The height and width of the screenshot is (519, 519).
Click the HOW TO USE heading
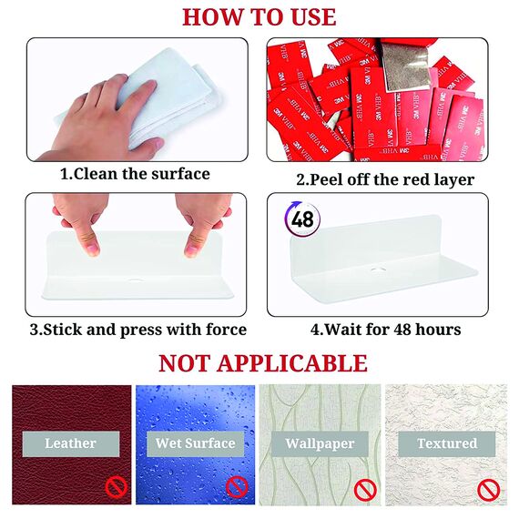[259, 17]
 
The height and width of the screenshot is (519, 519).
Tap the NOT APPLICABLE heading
[263, 363]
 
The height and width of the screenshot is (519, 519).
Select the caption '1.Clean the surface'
[135, 174]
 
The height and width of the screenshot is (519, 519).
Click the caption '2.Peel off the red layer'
[385, 180]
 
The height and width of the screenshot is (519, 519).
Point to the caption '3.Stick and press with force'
[138, 330]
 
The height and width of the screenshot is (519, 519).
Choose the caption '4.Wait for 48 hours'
[386, 330]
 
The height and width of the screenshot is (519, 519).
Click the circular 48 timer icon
[302, 219]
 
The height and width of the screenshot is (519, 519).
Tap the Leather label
[70, 443]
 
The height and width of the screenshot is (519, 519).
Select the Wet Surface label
[195, 443]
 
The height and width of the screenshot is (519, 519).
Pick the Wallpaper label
[320, 443]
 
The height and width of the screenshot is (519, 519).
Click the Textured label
[447, 443]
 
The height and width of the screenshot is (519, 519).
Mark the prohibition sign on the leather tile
[117, 487]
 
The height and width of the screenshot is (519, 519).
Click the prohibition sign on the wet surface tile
[237, 487]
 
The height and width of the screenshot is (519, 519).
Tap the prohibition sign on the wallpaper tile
[365, 490]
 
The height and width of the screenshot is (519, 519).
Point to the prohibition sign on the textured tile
[489, 490]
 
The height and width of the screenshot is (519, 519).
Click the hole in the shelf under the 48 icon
[377, 269]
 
